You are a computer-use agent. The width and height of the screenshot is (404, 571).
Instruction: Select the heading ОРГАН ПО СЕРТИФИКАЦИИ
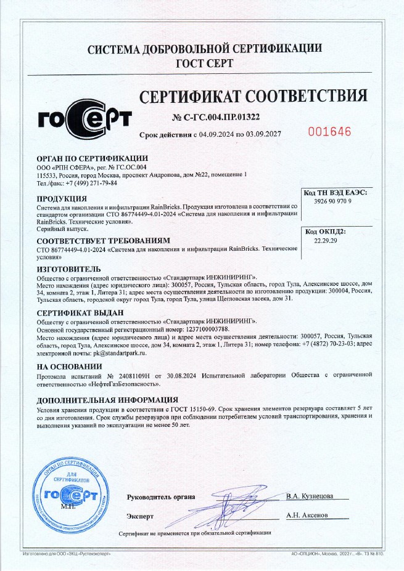(93, 158)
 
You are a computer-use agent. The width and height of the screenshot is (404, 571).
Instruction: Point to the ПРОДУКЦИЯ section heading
(64, 199)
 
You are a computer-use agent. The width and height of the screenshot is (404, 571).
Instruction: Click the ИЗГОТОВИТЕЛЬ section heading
(69, 269)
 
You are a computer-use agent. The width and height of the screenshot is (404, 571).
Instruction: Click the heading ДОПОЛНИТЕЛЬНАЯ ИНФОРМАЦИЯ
(107, 400)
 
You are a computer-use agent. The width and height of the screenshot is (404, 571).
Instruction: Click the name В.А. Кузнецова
(310, 496)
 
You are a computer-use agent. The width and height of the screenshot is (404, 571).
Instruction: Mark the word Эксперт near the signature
(140, 516)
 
